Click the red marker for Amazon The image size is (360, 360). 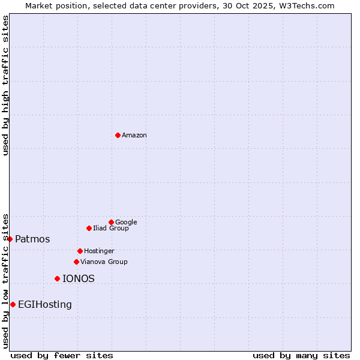pyautogui.click(x=118, y=135)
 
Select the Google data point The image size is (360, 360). pyautogui.click(x=111, y=222)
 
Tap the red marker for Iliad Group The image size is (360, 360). pyautogui.click(x=89, y=228)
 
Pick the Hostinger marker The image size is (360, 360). pyautogui.click(x=80, y=251)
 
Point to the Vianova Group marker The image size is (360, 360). pyautogui.click(x=76, y=262)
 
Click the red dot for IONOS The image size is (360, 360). pyautogui.click(x=57, y=278)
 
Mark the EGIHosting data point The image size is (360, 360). pyautogui.click(x=13, y=304)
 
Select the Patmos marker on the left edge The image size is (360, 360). pyautogui.click(x=10, y=239)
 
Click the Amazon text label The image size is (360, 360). pyautogui.click(x=134, y=136)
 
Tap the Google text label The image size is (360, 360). pyautogui.click(x=126, y=222)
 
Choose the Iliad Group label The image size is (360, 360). pyautogui.click(x=111, y=228)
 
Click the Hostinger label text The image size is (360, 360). pyautogui.click(x=99, y=251)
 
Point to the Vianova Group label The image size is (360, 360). pyautogui.click(x=104, y=262)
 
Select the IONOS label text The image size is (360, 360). pyautogui.click(x=79, y=279)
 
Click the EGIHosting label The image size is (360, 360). pyautogui.click(x=45, y=305)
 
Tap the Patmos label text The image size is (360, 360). pyautogui.click(x=32, y=239)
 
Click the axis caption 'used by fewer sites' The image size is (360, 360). pyautogui.click(x=62, y=355)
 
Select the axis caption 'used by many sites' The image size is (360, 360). pyautogui.click(x=301, y=355)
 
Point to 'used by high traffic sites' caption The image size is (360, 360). pyautogui.click(x=5, y=85)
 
